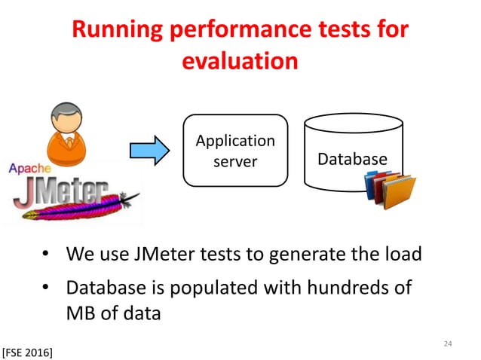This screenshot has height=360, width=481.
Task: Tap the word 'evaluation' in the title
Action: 240,62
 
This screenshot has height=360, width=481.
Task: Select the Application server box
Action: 235,151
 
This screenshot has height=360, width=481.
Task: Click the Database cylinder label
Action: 351,160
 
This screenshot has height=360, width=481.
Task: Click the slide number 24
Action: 448,344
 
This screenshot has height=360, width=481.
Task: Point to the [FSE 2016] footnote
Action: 27,352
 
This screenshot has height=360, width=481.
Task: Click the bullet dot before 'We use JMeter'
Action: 46,255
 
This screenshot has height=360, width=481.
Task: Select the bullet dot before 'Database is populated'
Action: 46,288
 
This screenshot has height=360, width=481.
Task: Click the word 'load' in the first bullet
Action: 400,255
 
